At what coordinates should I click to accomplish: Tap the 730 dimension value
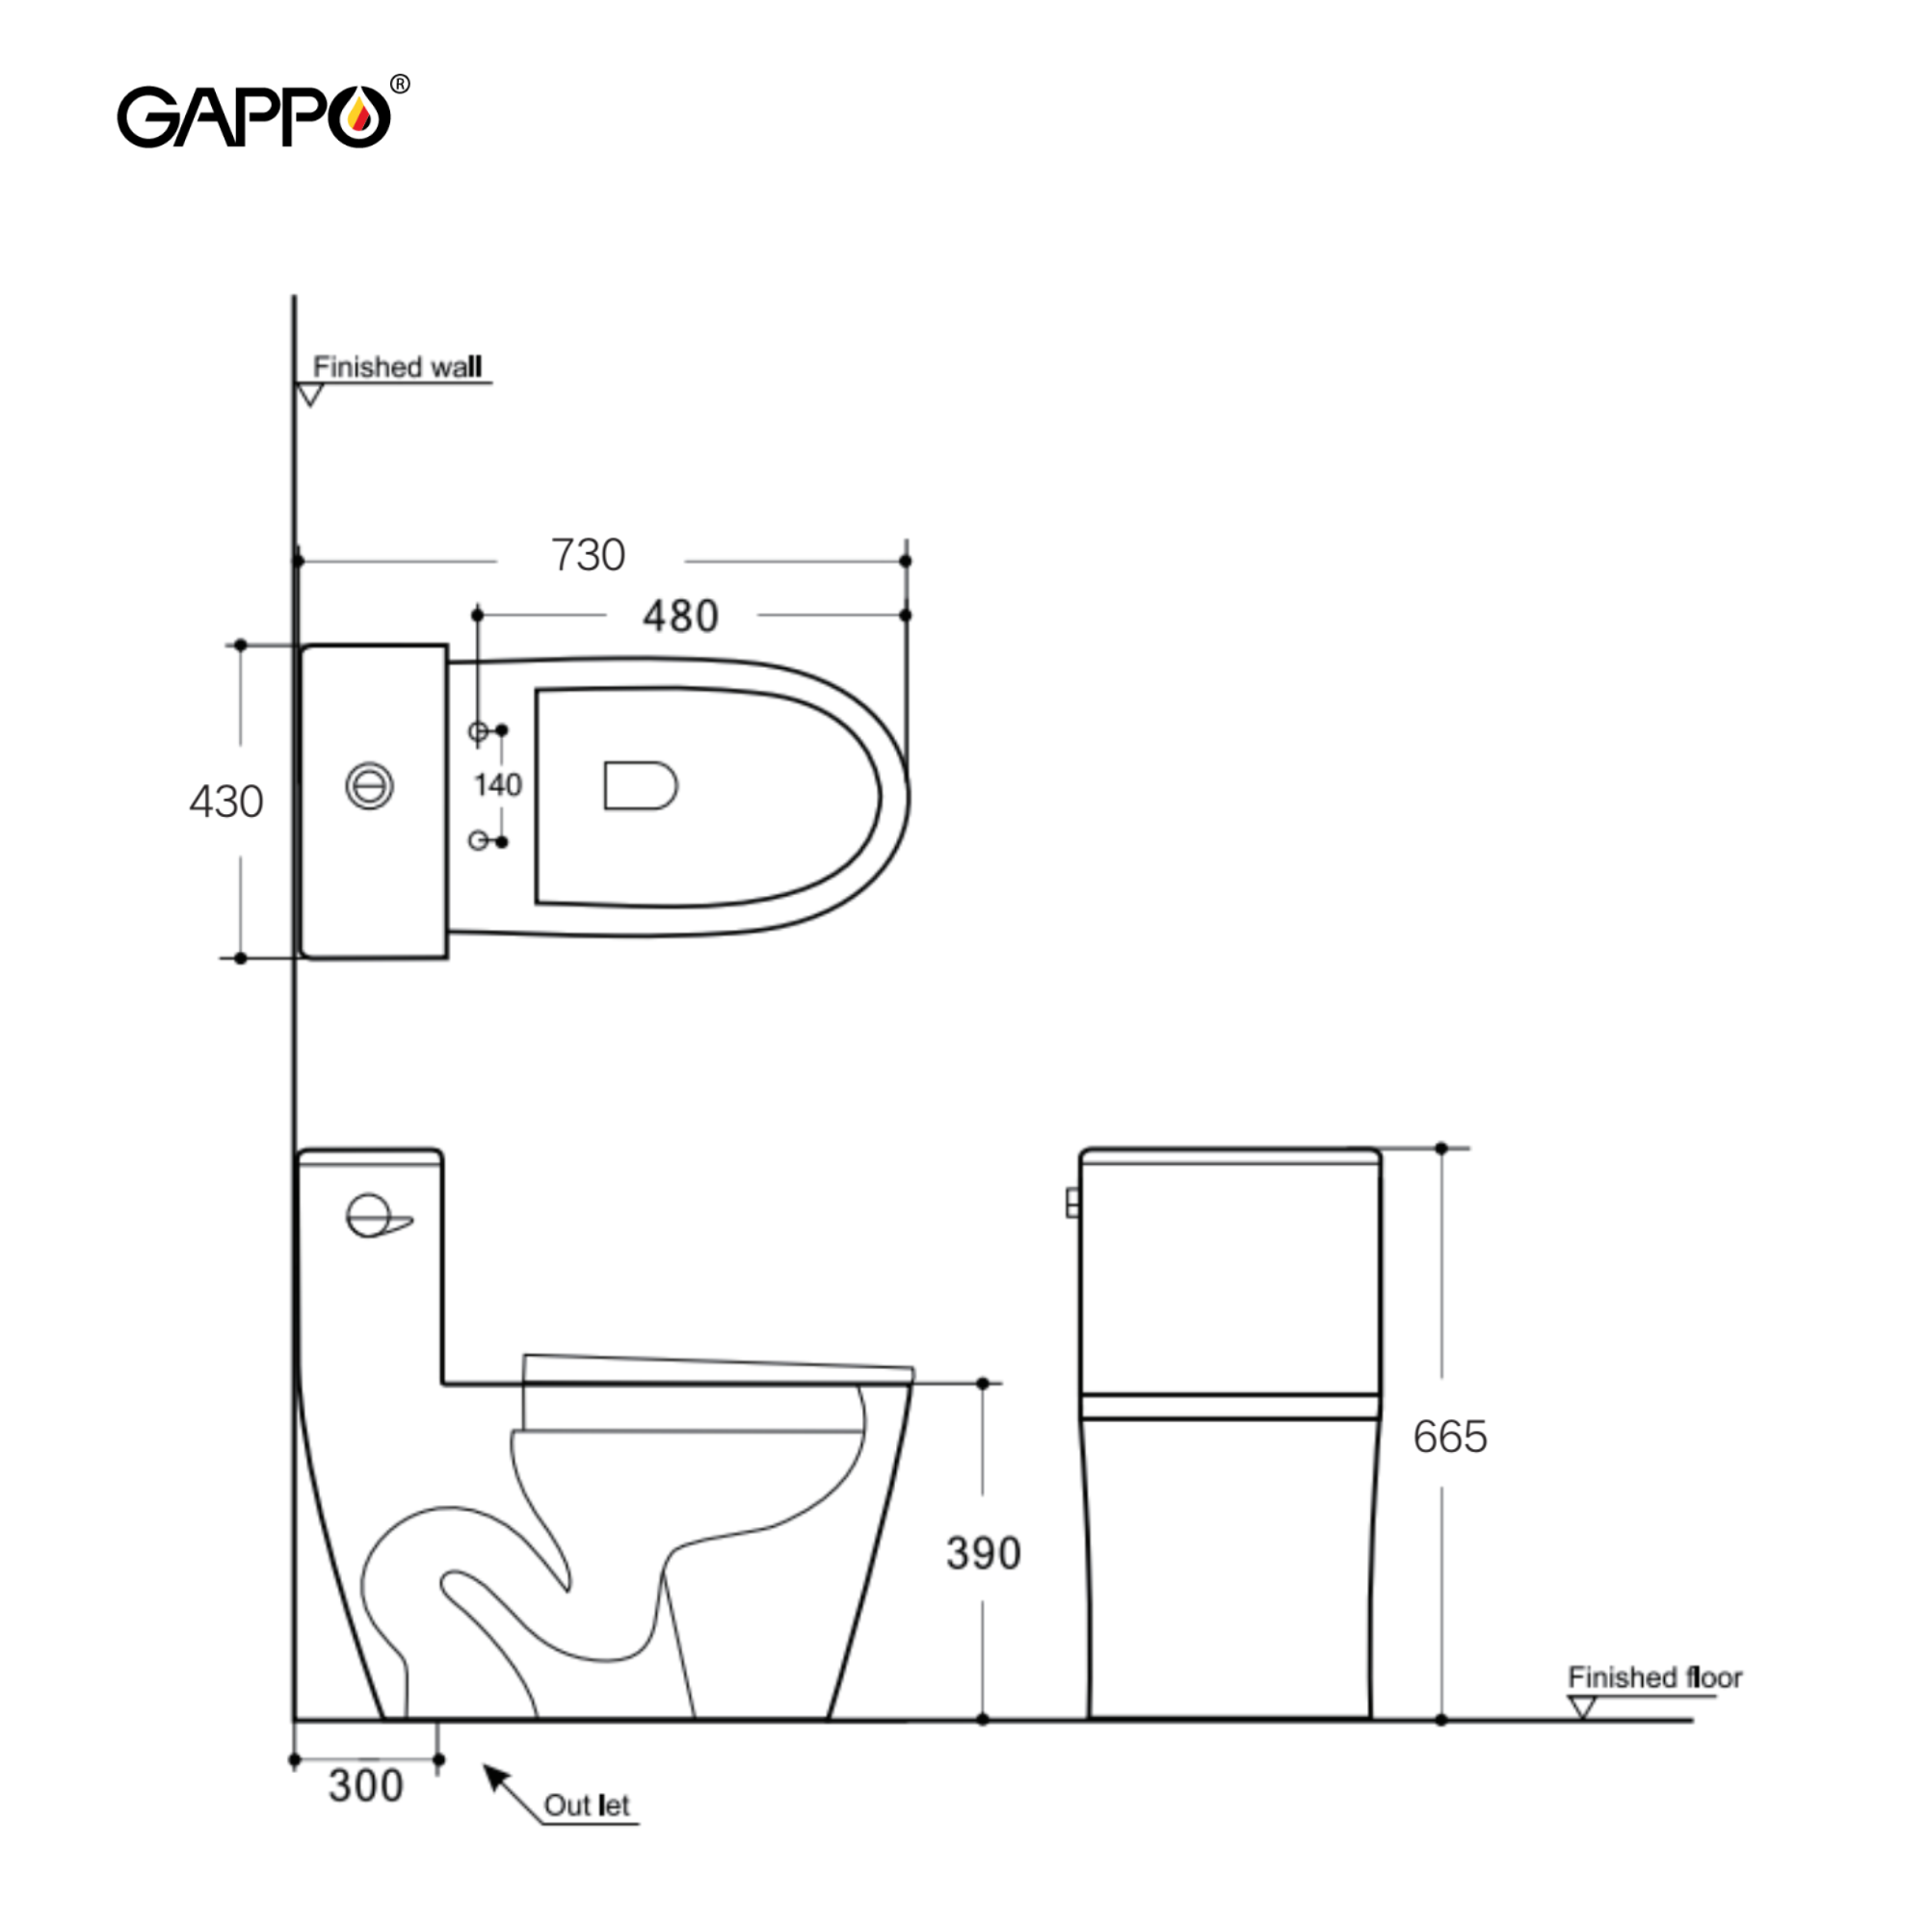point(589,556)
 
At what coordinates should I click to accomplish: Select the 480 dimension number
point(680,617)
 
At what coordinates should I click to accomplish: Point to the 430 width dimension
point(226,802)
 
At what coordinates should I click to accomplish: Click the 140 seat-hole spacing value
point(498,785)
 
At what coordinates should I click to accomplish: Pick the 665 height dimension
point(1450,1438)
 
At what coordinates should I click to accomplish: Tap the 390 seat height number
point(984,1553)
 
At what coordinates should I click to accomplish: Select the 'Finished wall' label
point(397,367)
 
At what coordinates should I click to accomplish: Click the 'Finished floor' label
point(1654,1677)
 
